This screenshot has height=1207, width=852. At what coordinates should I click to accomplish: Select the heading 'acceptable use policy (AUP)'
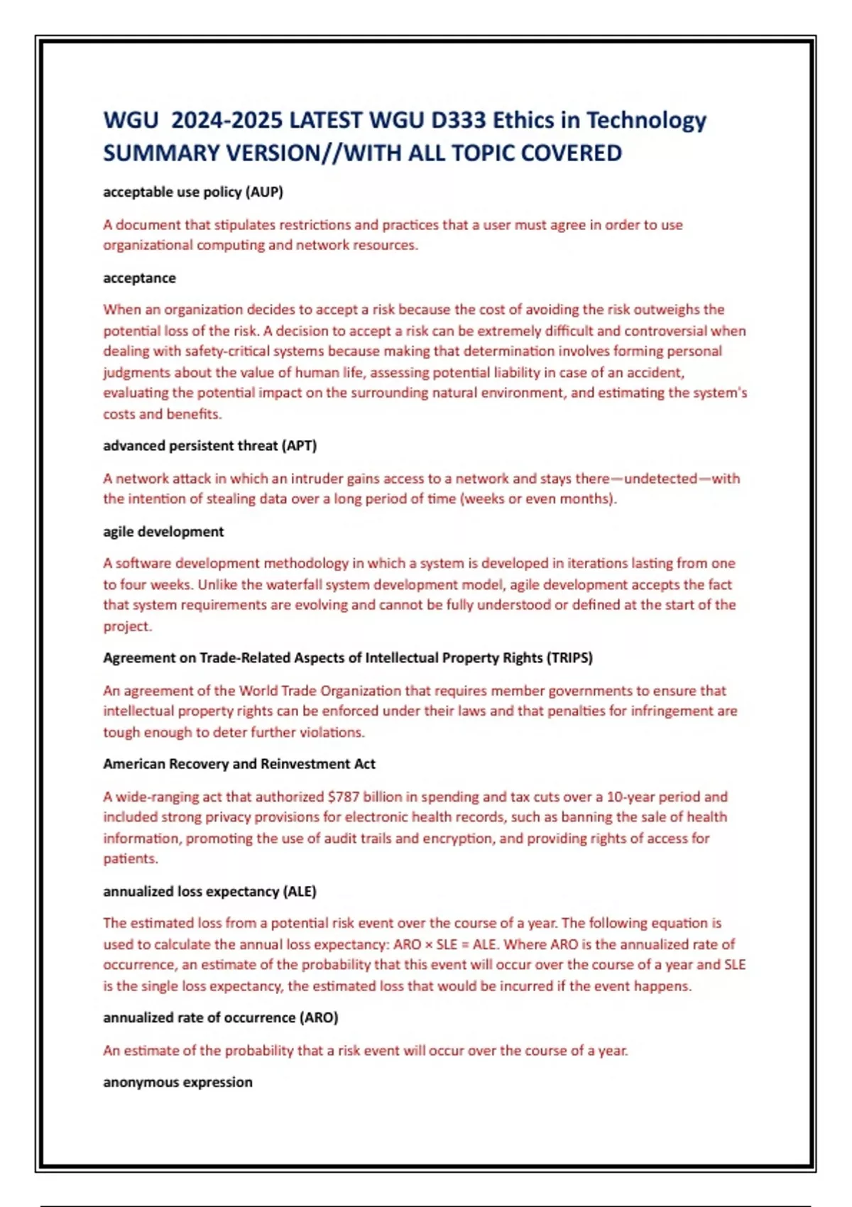(x=192, y=192)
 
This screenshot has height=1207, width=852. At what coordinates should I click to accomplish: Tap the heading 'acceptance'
(x=139, y=278)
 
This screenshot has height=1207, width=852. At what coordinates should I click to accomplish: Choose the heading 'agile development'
(x=163, y=532)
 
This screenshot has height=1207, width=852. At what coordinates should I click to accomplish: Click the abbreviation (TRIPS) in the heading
(x=569, y=657)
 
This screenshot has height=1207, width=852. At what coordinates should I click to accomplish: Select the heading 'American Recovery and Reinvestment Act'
(x=239, y=764)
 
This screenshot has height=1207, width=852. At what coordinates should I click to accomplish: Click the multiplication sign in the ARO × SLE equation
(x=428, y=945)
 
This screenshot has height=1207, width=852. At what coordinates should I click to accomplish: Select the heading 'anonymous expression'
(x=177, y=1082)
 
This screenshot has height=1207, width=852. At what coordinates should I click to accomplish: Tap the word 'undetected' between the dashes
(x=660, y=479)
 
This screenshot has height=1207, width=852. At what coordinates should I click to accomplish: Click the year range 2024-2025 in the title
(x=226, y=120)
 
